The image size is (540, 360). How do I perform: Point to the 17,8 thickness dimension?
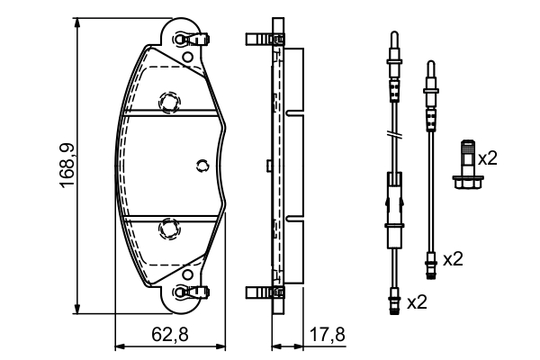click(x=326, y=335)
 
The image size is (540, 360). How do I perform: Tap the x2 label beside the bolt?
click(x=487, y=158)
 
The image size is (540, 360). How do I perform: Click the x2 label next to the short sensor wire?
click(x=452, y=259)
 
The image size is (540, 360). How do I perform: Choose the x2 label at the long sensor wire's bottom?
click(x=417, y=302)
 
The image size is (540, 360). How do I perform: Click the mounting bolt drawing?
click(x=466, y=164)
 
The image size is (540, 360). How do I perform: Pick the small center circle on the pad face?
click(x=202, y=164)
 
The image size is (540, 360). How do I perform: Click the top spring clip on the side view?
click(x=260, y=40)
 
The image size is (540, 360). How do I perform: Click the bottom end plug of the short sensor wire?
click(x=430, y=264)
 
